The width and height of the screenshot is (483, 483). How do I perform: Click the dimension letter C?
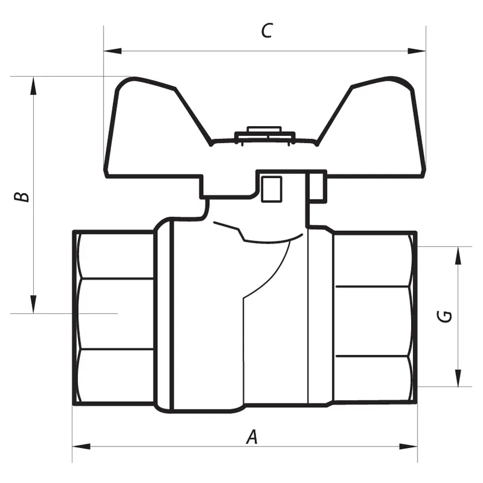[267, 31]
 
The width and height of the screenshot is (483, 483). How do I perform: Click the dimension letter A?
[252, 437]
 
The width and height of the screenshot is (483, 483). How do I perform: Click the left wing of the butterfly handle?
[145, 129]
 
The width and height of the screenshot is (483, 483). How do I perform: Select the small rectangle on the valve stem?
[271, 189]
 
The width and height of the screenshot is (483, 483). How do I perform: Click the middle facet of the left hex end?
[115, 314]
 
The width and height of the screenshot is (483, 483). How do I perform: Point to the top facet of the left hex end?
[115, 255]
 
